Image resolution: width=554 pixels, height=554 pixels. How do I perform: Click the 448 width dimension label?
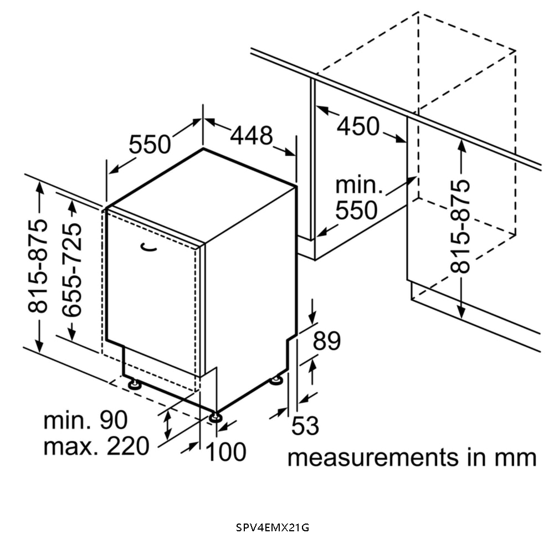click(x=252, y=136)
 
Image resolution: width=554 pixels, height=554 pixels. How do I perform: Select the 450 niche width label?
click(x=358, y=127)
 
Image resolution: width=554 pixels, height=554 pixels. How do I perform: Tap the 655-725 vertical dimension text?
click(x=73, y=269)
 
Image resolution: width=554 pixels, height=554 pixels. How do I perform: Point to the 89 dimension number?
click(x=326, y=341)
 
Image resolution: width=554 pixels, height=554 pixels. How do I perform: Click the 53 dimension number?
click(x=305, y=426)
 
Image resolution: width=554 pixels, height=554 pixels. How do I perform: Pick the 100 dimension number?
click(x=226, y=452)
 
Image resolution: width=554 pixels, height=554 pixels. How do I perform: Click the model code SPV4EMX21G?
click(x=273, y=527)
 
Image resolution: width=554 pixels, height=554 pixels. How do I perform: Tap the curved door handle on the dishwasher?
click(x=148, y=247)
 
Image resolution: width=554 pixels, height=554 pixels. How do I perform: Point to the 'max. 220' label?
click(x=96, y=445)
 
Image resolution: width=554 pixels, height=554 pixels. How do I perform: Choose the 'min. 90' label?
click(x=85, y=420)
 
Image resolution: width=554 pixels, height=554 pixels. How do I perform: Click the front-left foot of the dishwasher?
click(x=134, y=384)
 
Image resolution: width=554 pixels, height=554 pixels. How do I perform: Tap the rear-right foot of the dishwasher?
click(x=276, y=380)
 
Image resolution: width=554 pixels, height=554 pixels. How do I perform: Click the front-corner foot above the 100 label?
click(x=216, y=417)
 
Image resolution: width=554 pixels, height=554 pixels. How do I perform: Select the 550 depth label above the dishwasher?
click(x=150, y=145)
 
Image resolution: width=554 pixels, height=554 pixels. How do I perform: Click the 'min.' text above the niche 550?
click(x=359, y=185)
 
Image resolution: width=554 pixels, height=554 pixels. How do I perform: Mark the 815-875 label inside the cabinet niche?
click(x=460, y=225)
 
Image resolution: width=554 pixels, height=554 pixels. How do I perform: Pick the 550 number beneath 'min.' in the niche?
click(x=357, y=211)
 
